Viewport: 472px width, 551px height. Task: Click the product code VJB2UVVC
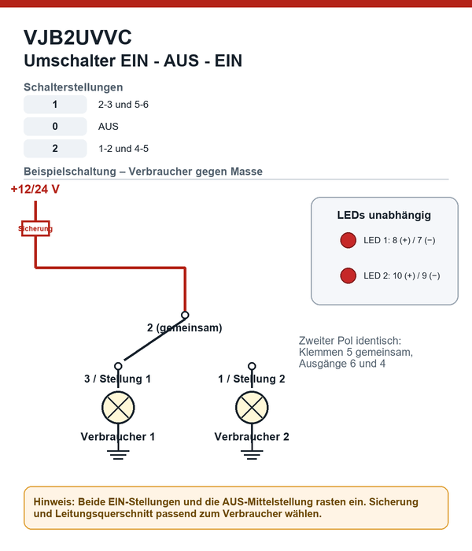(x=78, y=37)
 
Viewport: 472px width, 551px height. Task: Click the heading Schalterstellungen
(x=73, y=87)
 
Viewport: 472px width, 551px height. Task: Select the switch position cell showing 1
(x=55, y=105)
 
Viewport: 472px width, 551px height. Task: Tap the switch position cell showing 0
(x=55, y=127)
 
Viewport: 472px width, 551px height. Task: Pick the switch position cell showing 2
(x=55, y=149)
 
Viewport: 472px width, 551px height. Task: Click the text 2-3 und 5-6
(x=124, y=105)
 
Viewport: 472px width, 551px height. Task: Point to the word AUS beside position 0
(x=109, y=127)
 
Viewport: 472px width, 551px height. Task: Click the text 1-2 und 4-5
(x=124, y=149)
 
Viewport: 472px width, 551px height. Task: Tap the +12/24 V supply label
(x=35, y=190)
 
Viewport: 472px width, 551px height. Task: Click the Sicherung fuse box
(x=35, y=228)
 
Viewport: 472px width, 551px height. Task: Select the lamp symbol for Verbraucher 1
(x=118, y=408)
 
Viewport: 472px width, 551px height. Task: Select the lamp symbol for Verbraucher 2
(x=253, y=408)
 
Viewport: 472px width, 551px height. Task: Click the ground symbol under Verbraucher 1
(x=118, y=454)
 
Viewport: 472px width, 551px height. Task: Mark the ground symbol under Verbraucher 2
(x=253, y=454)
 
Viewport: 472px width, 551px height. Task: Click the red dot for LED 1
(x=348, y=240)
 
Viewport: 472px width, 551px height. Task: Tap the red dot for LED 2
(x=348, y=275)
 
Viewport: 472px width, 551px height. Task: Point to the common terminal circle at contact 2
(x=185, y=315)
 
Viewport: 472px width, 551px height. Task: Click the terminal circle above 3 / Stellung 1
(x=118, y=366)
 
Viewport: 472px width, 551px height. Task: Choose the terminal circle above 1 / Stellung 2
(x=252, y=366)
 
